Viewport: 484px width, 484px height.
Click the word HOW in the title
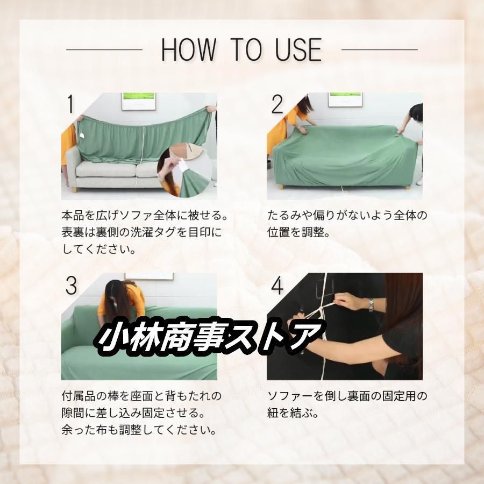189,49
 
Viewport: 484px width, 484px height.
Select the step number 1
70,104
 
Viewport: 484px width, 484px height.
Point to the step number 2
277,104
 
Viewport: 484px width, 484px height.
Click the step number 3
71,286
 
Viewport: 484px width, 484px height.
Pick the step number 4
277,286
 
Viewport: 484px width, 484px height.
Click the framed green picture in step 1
138,101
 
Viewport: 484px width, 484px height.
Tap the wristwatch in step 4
371,305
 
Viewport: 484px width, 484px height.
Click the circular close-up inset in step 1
184,170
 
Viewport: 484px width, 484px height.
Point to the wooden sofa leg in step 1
75,189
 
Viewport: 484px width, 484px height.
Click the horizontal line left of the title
104,49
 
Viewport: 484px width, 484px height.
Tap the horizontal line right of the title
379,49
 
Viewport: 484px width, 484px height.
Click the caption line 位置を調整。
298,232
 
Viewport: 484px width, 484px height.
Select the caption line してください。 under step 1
99,249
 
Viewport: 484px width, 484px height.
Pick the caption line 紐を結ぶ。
293,412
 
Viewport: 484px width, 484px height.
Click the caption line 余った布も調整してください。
139,430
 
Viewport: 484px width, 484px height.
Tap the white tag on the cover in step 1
83,135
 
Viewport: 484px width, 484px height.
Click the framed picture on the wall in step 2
345,99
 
